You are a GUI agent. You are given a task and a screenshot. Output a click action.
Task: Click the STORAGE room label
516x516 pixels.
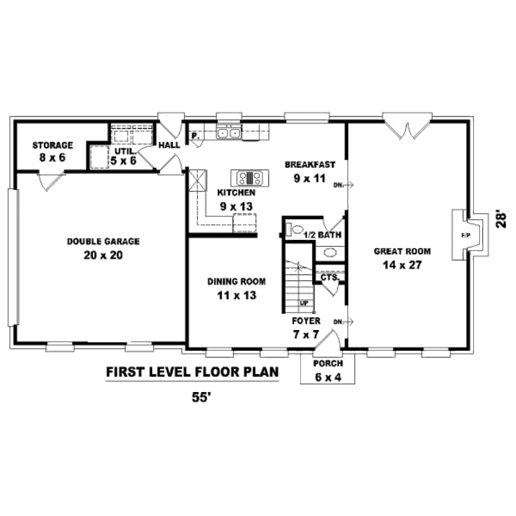tap(52, 145)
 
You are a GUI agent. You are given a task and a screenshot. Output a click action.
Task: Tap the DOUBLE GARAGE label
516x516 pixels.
tap(103, 241)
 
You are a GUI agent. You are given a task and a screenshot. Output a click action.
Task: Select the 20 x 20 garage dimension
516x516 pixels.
tap(103, 255)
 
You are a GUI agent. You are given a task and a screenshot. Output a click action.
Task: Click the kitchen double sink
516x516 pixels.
tap(228, 133)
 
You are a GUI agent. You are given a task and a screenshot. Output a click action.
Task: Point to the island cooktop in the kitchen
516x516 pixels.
tap(250, 178)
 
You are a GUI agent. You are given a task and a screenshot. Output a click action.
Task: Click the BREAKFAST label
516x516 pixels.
tap(310, 165)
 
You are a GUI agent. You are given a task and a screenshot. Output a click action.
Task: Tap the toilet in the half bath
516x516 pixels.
tap(294, 229)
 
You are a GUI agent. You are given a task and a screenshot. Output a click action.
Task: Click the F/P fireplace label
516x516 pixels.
tap(466, 235)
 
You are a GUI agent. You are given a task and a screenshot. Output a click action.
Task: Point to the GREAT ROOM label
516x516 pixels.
tap(402, 251)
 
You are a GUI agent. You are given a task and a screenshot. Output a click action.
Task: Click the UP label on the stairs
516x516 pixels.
tap(304, 303)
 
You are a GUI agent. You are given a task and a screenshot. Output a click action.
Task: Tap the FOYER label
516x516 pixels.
tap(306, 321)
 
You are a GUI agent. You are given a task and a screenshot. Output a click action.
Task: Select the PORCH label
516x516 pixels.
tap(328, 364)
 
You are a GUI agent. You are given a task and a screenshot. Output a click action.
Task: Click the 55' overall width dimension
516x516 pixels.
tap(201, 397)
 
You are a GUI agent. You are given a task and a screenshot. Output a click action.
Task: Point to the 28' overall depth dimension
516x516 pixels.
tap(501, 219)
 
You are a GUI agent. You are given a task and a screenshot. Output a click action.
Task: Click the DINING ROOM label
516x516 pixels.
tap(237, 282)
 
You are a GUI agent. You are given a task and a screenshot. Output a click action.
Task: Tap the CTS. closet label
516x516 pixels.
tap(330, 278)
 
